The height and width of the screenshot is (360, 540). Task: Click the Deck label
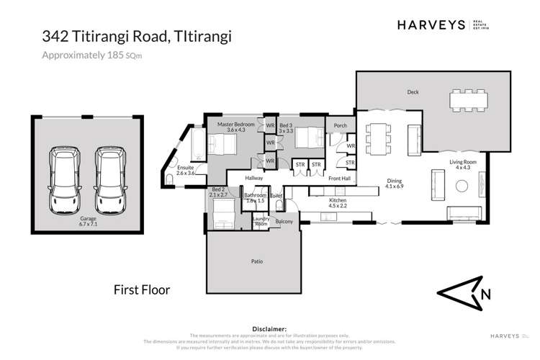click(x=413, y=92)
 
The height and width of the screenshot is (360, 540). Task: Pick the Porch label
click(x=340, y=126)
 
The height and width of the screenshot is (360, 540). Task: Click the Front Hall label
click(x=339, y=178)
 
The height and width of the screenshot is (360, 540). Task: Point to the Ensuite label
click(x=176, y=171)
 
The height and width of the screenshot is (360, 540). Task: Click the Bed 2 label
click(x=217, y=192)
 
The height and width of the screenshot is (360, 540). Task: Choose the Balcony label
click(x=284, y=222)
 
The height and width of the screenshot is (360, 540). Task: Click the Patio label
click(x=256, y=261)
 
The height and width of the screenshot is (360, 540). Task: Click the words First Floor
click(x=142, y=290)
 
